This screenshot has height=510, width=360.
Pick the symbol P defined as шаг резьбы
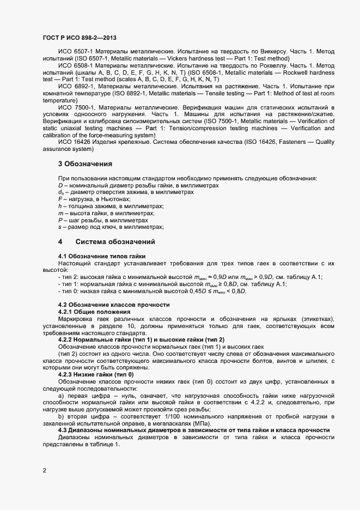[60, 220]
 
